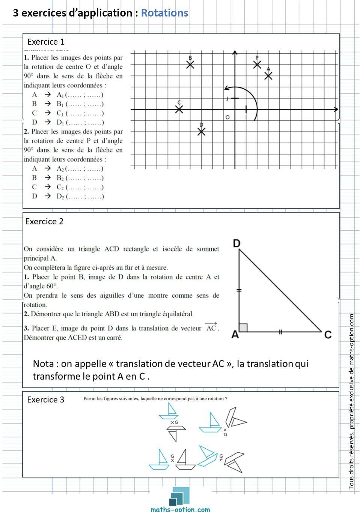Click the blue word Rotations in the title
pos(164,13)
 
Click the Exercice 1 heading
pos(46,42)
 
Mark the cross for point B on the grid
pos(190,65)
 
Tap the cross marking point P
pos(257,65)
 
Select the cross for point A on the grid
pos(268,76)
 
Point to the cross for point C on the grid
pos(179,109)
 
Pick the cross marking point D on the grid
pos(202,132)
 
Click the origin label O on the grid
pos(227,117)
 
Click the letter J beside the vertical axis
pos(227,99)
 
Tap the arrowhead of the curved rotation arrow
pos(226,88)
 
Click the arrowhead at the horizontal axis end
pos(336,109)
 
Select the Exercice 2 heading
pos(44,222)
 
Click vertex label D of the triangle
pos(236,243)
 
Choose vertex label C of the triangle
pos(328,334)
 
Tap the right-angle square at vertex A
pos(243,327)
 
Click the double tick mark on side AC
pos(280,332)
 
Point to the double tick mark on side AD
pos(239,290)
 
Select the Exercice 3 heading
pos(45,400)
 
